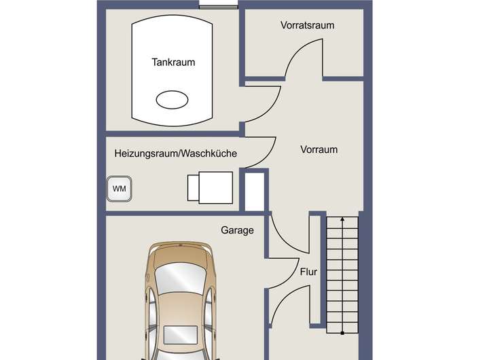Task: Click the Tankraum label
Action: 173,62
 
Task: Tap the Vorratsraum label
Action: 308,25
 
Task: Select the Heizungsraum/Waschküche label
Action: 176,154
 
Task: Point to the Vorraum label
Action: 319,149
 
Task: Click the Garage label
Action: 237,230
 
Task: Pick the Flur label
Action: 309,272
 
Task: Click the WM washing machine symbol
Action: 120,188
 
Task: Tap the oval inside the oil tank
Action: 173,100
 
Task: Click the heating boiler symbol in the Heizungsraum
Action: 211,186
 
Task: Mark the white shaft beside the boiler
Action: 253,192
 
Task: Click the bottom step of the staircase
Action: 344,329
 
